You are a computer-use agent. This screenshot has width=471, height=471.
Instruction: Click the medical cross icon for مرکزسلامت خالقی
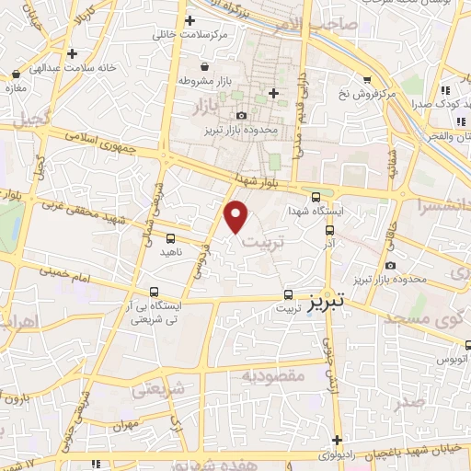(x=190, y=20)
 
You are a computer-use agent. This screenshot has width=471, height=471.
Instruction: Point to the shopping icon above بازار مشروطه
(x=204, y=65)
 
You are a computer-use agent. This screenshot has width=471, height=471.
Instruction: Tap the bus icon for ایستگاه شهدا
(x=316, y=196)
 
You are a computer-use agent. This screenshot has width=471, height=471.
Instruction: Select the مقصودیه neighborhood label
(x=272, y=377)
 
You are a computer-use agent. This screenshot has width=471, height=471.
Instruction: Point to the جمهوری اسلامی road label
(x=102, y=141)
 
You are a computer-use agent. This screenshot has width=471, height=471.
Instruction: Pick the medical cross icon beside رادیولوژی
(x=338, y=440)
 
